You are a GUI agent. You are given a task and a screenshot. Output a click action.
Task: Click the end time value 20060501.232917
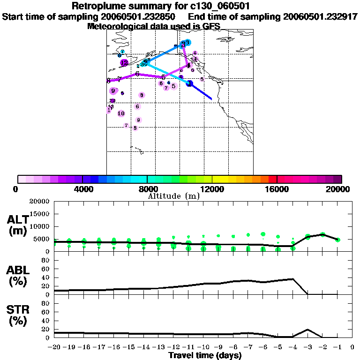[x=321, y=17]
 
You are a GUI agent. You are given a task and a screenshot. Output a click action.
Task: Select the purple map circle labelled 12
[x=124, y=62]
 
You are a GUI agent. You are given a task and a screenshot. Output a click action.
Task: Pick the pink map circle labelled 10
[x=121, y=113]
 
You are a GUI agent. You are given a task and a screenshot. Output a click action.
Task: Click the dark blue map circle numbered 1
[x=190, y=83]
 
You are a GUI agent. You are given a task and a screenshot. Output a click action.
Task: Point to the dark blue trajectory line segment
[x=202, y=92]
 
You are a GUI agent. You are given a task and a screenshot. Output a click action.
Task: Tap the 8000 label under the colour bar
[x=147, y=189]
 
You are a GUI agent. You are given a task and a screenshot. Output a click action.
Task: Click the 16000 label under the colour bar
[x=277, y=189]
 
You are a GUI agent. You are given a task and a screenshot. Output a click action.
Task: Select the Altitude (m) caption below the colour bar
[x=173, y=196]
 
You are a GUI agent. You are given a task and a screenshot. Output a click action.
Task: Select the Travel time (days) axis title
[x=205, y=355]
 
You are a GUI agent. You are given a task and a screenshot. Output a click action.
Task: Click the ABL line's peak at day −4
[x=293, y=279]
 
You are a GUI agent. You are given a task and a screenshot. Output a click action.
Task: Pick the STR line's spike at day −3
[x=307, y=330]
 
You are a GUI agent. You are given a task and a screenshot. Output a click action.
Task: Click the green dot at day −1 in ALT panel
[x=337, y=240]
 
